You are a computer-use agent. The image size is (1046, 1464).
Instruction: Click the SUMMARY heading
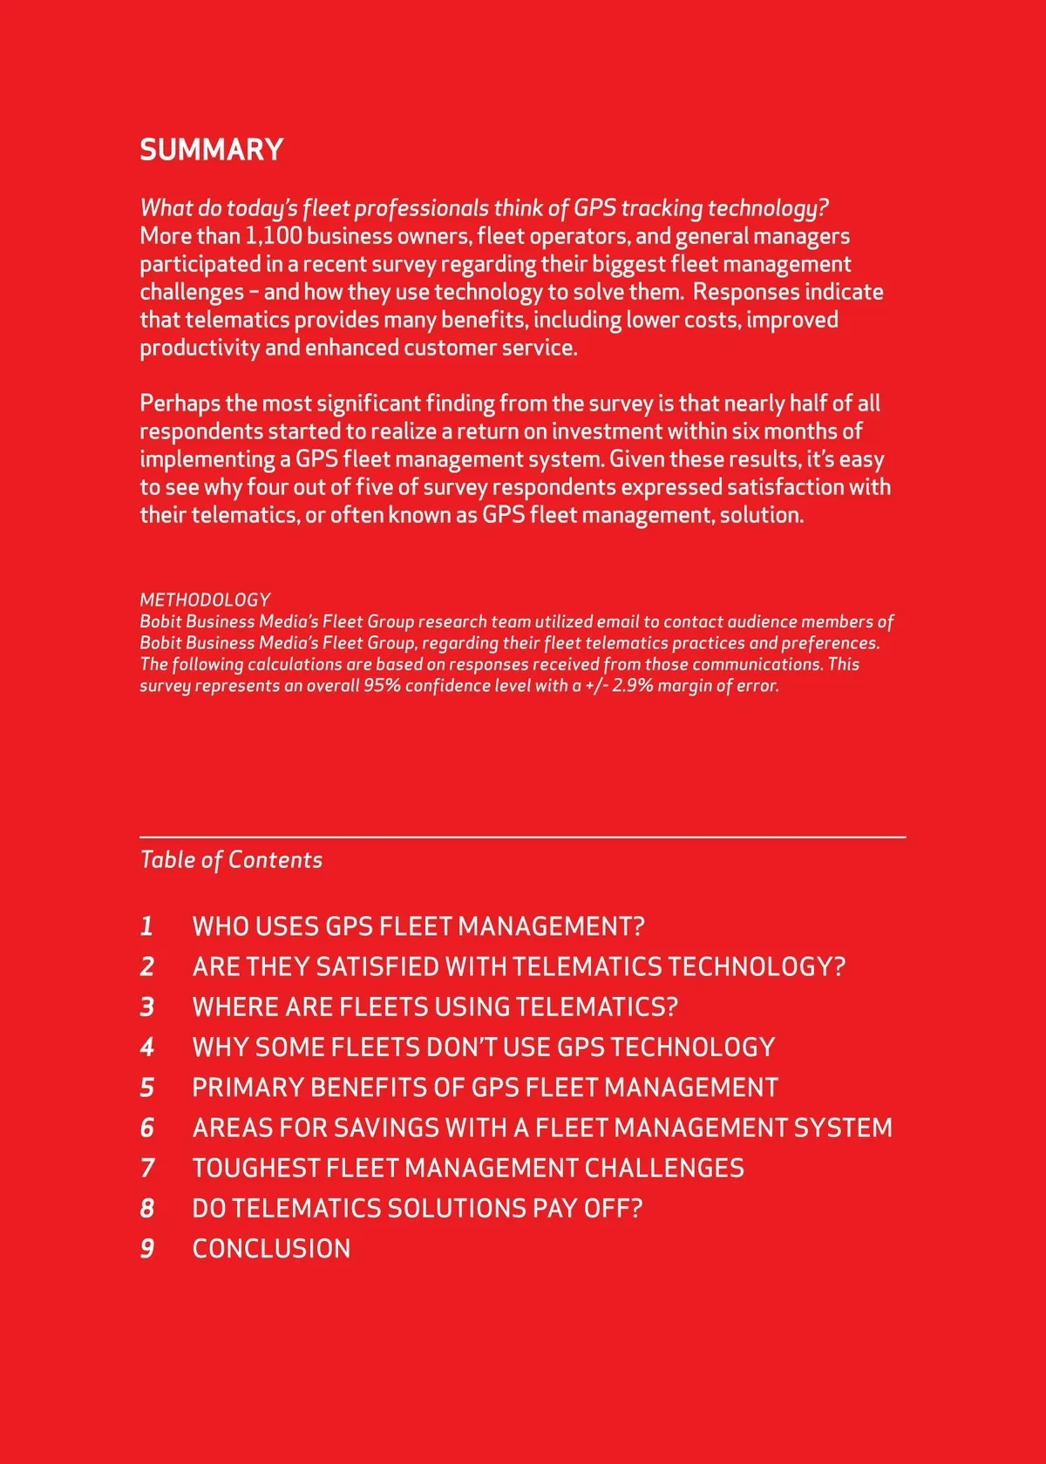[x=212, y=150]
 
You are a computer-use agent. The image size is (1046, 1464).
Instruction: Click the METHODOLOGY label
[x=205, y=600]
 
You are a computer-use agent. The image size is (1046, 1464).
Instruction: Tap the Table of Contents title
[x=231, y=860]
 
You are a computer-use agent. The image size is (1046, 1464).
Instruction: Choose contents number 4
[x=147, y=1047]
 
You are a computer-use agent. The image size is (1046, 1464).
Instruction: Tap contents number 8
[x=147, y=1209]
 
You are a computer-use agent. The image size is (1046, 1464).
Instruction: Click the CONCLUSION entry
[x=271, y=1249]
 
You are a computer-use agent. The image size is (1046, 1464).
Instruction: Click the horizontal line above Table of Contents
[x=523, y=837]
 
